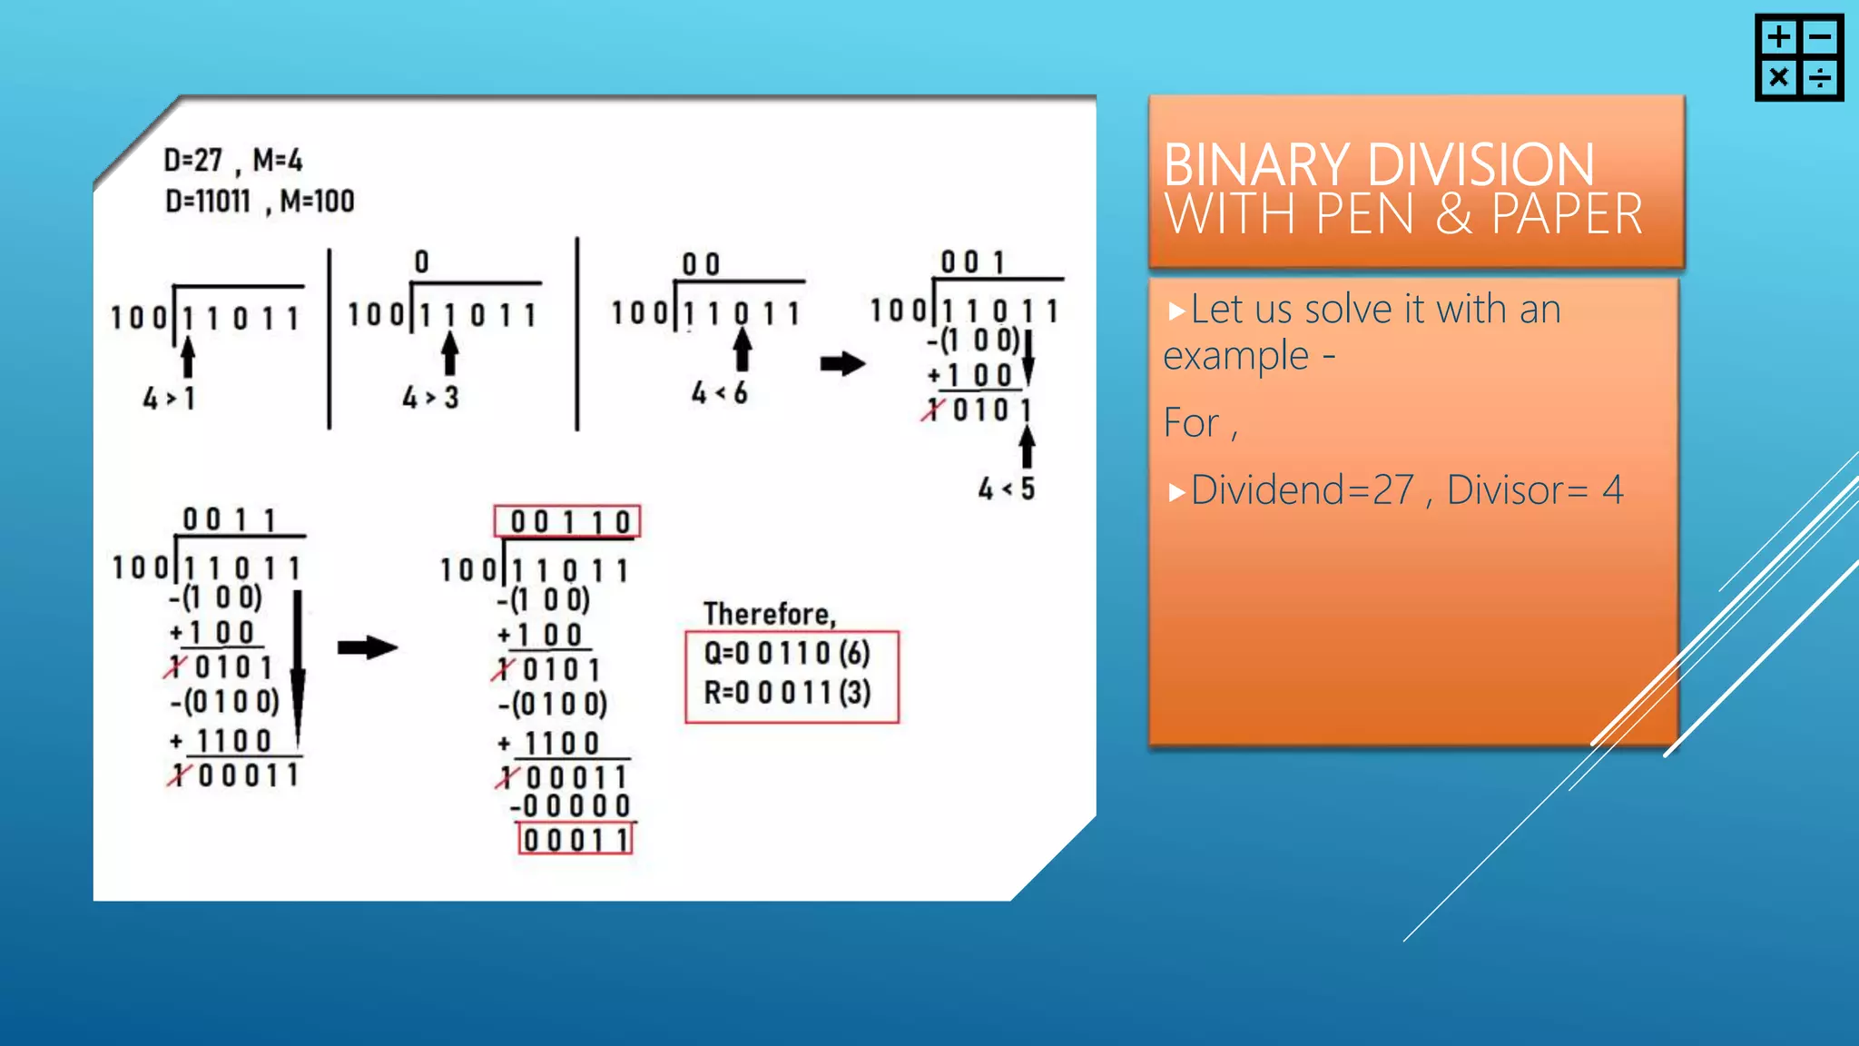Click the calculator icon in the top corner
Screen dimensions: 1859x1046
1798,57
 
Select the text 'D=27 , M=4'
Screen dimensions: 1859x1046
232,161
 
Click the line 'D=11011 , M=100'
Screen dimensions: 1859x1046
259,201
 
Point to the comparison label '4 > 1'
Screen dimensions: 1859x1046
169,398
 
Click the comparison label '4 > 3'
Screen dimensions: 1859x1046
430,397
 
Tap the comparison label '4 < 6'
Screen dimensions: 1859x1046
719,393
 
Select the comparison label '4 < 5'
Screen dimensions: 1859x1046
1006,489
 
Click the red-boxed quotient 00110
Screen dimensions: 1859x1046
568,522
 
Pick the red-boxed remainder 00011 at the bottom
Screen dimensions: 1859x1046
575,839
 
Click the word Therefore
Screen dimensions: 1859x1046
769,615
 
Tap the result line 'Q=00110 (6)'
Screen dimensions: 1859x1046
786,653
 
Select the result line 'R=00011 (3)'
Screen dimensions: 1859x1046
786,693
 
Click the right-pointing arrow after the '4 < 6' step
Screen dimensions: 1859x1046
842,364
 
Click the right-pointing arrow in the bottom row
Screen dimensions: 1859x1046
368,647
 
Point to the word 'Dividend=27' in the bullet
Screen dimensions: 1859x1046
1302,490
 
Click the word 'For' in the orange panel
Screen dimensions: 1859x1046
1191,423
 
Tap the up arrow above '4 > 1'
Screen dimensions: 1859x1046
188,357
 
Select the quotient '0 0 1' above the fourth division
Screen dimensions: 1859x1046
972,263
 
